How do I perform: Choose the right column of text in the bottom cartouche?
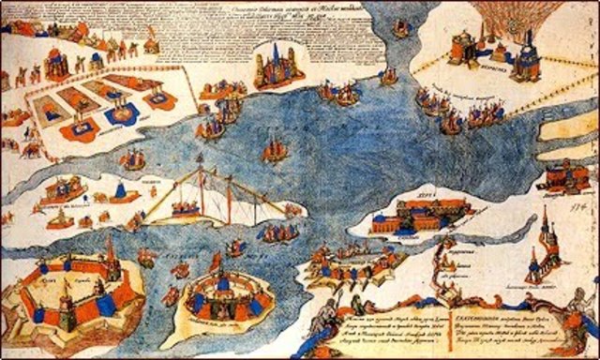pos(497,323)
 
